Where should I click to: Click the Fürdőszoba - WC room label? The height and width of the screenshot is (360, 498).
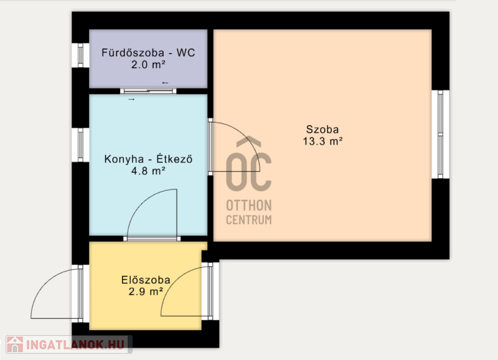148,52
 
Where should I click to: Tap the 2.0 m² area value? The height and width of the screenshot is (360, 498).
148,65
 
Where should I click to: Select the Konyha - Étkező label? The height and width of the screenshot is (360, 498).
148,159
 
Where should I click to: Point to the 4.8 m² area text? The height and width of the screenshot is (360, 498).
148,171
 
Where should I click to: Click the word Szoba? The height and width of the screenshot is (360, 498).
322,130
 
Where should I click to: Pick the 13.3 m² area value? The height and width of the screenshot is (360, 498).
322,141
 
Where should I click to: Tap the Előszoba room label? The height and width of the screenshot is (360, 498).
146,280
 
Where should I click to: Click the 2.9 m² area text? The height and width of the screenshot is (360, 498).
146,291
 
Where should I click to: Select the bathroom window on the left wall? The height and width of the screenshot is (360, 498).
80,55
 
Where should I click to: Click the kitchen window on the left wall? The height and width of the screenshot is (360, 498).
80,145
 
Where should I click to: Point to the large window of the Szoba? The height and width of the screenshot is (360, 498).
440,135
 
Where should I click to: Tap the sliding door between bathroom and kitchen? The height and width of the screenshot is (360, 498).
148,91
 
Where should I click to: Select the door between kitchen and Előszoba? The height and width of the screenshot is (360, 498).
152,215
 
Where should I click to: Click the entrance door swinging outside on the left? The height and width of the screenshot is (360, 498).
57,293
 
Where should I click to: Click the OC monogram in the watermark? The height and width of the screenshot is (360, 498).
248,164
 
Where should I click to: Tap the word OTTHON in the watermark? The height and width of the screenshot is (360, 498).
248,206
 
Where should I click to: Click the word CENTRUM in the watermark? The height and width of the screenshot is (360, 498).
248,220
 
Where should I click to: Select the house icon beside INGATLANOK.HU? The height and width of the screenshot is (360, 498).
15,344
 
